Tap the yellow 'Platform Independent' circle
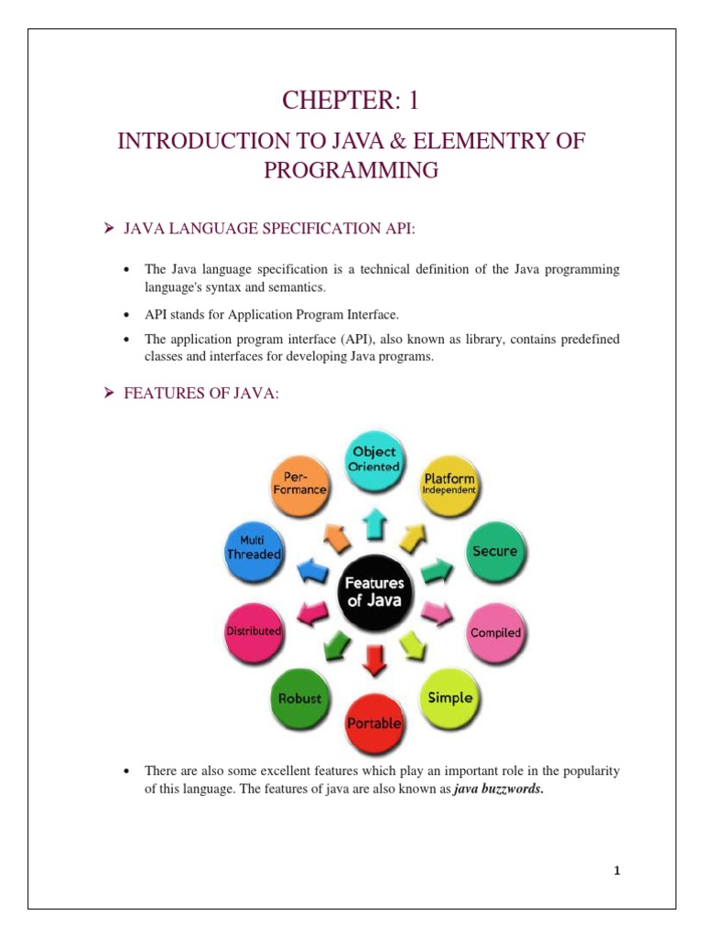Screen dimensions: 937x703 tap(449, 483)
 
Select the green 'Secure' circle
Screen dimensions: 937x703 tap(494, 551)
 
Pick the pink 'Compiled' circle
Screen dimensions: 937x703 tap(495, 632)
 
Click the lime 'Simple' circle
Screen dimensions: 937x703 tap(449, 697)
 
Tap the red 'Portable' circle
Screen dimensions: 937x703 tap(373, 722)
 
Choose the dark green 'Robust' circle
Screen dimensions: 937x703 tap(299, 698)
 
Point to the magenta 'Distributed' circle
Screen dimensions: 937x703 tap(254, 631)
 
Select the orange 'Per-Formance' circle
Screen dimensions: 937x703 tap(299, 483)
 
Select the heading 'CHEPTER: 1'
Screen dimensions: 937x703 tap(351, 102)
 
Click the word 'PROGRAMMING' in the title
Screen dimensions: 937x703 tap(351, 171)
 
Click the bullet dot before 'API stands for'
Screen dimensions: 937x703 tap(125, 315)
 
